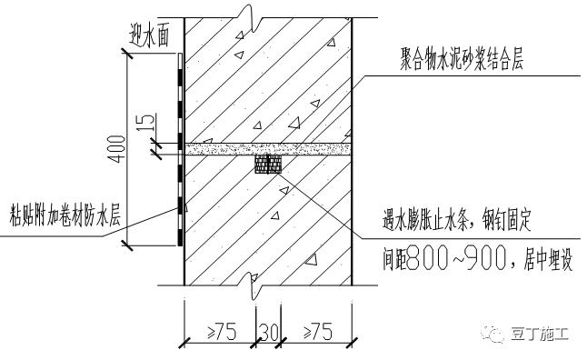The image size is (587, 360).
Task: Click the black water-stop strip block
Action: point(268,164)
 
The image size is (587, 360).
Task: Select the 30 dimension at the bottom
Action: point(267,332)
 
